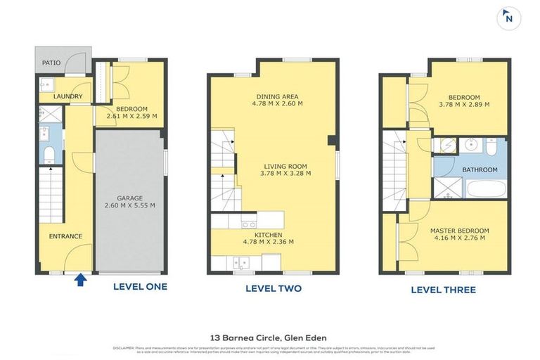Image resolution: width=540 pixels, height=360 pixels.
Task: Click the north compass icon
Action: point(508,19)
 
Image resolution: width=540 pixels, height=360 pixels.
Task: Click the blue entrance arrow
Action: point(81,281)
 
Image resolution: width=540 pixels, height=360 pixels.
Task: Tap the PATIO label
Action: point(51,63)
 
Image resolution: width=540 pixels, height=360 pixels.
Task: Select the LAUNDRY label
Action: point(68,96)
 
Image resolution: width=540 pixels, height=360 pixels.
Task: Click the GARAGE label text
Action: point(130,198)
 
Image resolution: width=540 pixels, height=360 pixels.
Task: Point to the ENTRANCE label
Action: point(65,236)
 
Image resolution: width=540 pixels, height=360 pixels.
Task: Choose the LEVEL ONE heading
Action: point(140,287)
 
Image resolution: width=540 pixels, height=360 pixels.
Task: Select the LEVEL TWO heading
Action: point(273,288)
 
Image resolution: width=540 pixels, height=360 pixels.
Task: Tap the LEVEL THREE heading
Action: point(443,289)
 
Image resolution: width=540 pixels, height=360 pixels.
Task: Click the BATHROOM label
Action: point(480,169)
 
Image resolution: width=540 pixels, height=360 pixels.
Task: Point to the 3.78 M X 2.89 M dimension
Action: point(463,105)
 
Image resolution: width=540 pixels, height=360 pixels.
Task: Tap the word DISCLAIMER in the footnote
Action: point(125,347)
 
